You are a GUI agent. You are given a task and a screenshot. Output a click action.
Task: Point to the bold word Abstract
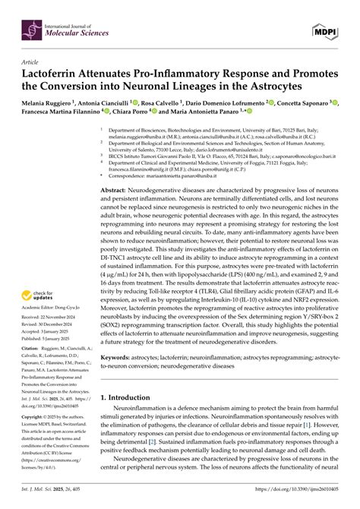point(123,186)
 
